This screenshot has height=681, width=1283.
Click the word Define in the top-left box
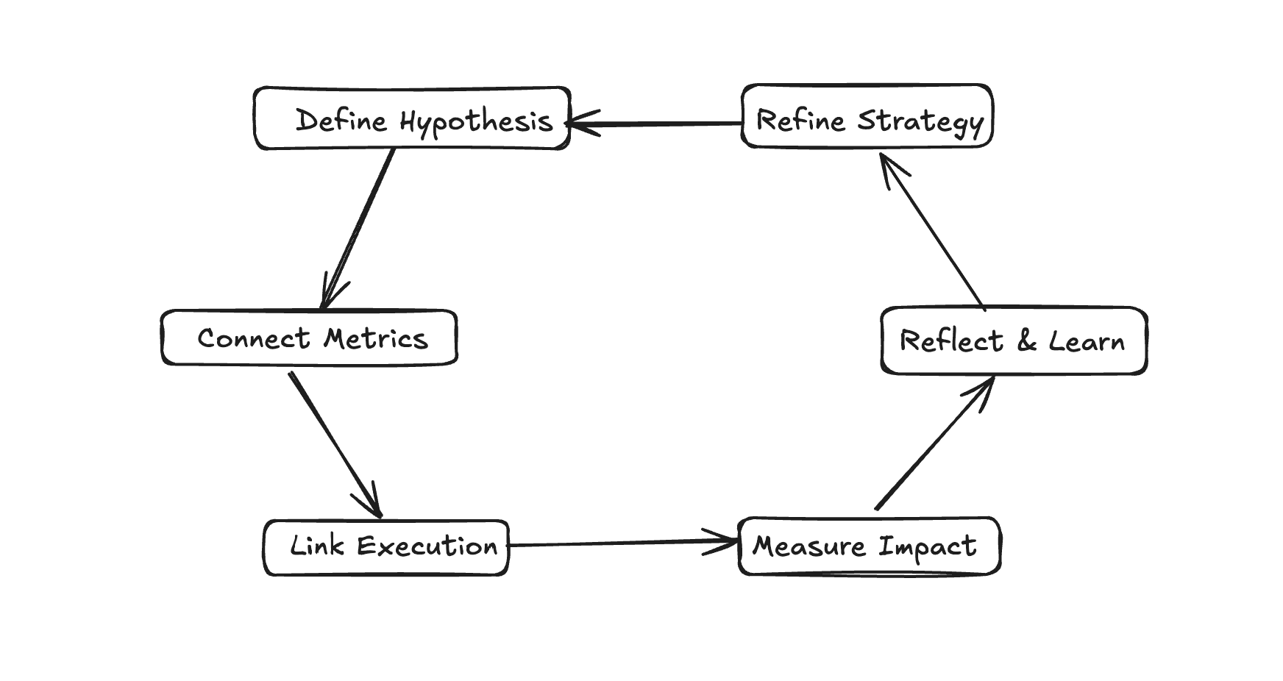tap(341, 120)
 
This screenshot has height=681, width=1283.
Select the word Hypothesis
tap(476, 122)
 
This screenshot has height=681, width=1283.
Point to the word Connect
tap(253, 338)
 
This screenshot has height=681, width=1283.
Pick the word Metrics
tap(375, 338)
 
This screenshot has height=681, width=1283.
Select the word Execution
tap(427, 546)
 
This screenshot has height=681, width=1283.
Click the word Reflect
tap(950, 341)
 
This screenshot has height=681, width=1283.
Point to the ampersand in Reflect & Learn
tap(1026, 341)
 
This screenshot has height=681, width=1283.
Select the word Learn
tap(1086, 341)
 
